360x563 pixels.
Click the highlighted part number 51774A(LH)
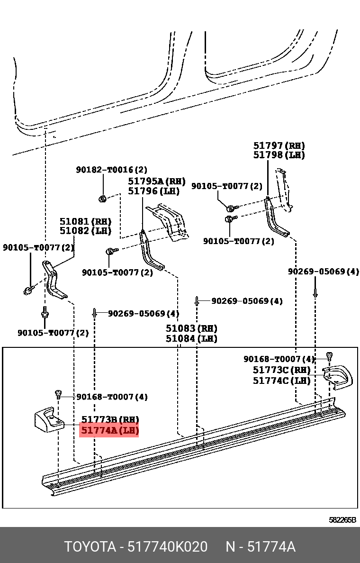109,431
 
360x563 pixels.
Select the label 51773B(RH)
109,420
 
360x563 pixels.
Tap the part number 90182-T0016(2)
112,170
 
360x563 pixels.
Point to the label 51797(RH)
279,146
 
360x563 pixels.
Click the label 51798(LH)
279,155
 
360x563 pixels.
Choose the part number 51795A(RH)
157,182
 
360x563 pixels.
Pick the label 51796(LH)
154,191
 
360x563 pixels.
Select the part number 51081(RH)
85,221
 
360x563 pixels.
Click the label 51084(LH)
191,338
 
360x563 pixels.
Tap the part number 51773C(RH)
281,370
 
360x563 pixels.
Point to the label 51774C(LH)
281,380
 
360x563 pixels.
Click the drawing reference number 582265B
342,519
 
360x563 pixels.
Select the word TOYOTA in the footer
90,547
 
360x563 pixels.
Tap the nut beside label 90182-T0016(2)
102,199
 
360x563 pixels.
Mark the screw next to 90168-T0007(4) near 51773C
330,356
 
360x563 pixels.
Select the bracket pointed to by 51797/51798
275,218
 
